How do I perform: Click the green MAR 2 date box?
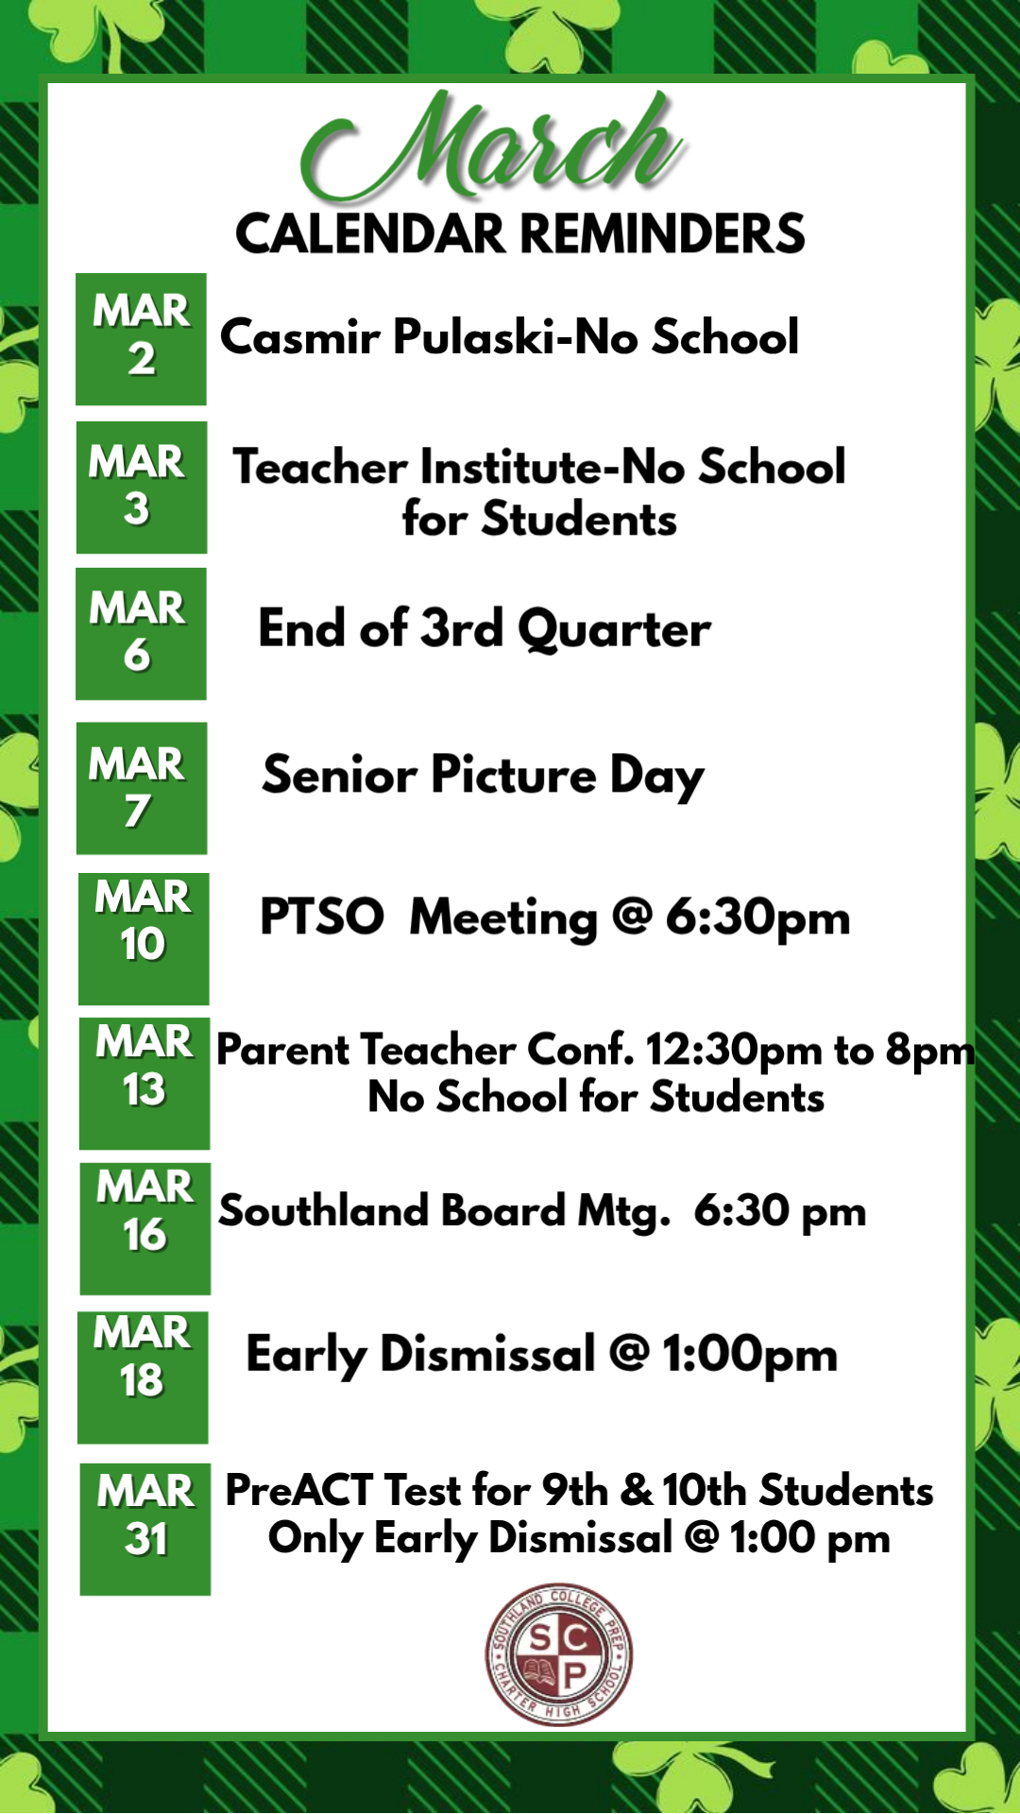[x=141, y=339]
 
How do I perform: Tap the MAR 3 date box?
[x=142, y=488]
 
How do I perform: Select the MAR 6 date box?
[x=141, y=634]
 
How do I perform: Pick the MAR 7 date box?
[x=142, y=788]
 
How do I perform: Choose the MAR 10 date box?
[x=144, y=939]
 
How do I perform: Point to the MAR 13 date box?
[x=144, y=1084]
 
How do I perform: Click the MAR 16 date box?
[x=145, y=1229]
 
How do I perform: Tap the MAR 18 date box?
[x=143, y=1378]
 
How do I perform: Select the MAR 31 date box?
[x=145, y=1530]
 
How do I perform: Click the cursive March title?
[x=493, y=146]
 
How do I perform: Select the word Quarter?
[x=615, y=630]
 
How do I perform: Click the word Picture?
[x=514, y=776]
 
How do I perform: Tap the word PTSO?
[x=322, y=916]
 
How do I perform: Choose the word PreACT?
[x=299, y=1491]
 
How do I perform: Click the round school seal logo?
[x=559, y=1654]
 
